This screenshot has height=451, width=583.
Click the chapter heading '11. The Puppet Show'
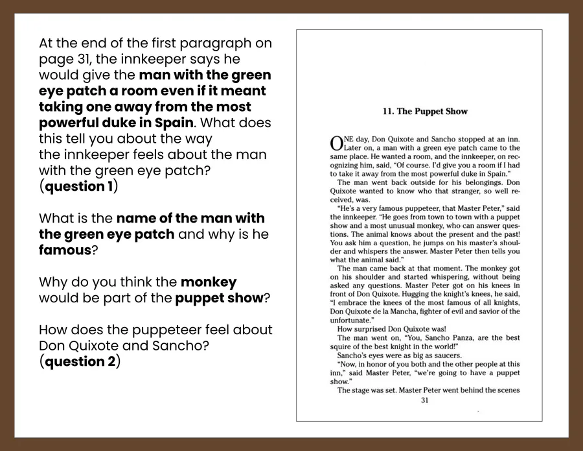425,112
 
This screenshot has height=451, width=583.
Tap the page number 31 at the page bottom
425,400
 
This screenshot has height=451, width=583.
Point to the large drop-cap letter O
336,143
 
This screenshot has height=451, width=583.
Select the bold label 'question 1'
78,187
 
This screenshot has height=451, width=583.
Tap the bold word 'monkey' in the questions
208,282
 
